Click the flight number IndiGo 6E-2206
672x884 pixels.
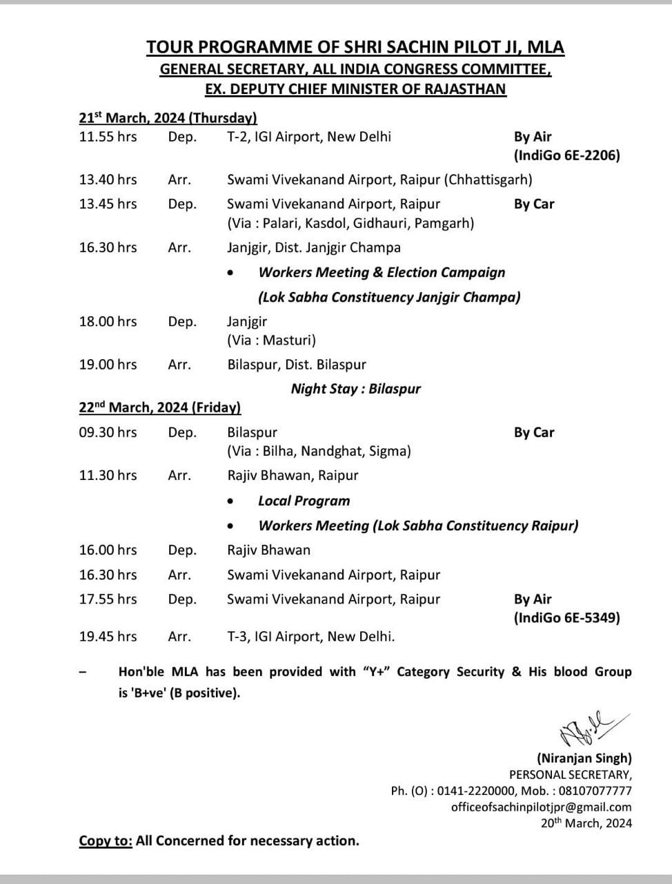pos(566,155)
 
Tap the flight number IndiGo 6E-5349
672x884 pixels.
pos(566,617)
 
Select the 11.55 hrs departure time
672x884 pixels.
pos(108,137)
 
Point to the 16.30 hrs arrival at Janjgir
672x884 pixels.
pos(108,247)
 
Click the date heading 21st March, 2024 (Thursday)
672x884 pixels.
pos(168,118)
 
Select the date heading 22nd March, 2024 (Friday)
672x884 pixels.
pos(159,407)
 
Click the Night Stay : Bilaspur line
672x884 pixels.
pos(355,389)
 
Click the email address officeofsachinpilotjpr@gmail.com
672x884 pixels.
pos(541,807)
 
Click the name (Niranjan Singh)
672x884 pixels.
pos(584,758)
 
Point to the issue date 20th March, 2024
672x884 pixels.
pos(586,823)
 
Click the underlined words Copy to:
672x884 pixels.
pos(105,840)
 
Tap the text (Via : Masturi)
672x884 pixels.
pos(271,340)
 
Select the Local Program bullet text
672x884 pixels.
pos(304,501)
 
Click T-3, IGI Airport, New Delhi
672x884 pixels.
pos(311,637)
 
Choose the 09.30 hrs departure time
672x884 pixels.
pos(108,432)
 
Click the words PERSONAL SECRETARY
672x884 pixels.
pos(570,775)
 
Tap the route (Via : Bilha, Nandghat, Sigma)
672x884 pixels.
pos(319,451)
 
